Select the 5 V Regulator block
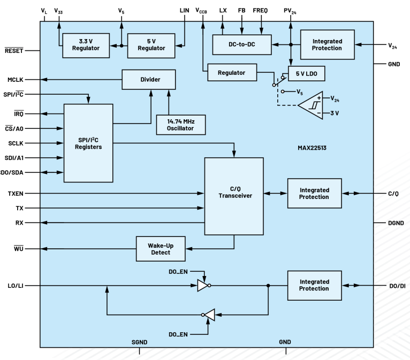(152, 45)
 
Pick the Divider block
(149, 80)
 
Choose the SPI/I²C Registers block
(88, 143)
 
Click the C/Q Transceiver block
(234, 196)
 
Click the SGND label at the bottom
(140, 341)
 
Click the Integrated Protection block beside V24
(328, 45)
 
